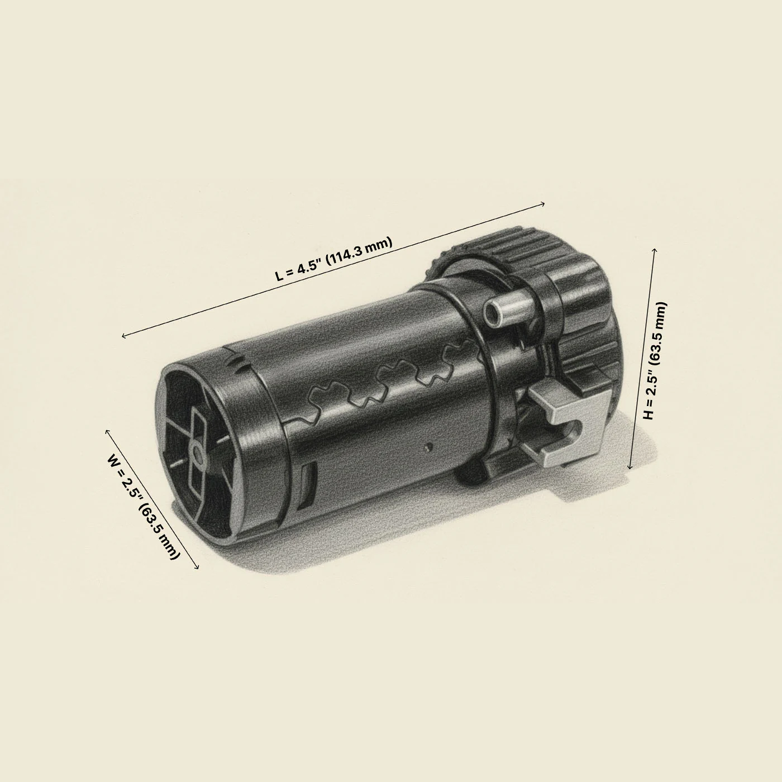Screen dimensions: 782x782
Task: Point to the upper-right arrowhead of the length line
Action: tap(542, 204)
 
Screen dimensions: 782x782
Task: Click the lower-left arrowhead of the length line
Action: tap(125, 335)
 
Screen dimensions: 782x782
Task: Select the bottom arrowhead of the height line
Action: tap(630, 466)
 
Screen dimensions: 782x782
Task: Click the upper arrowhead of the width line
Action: tap(108, 432)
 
